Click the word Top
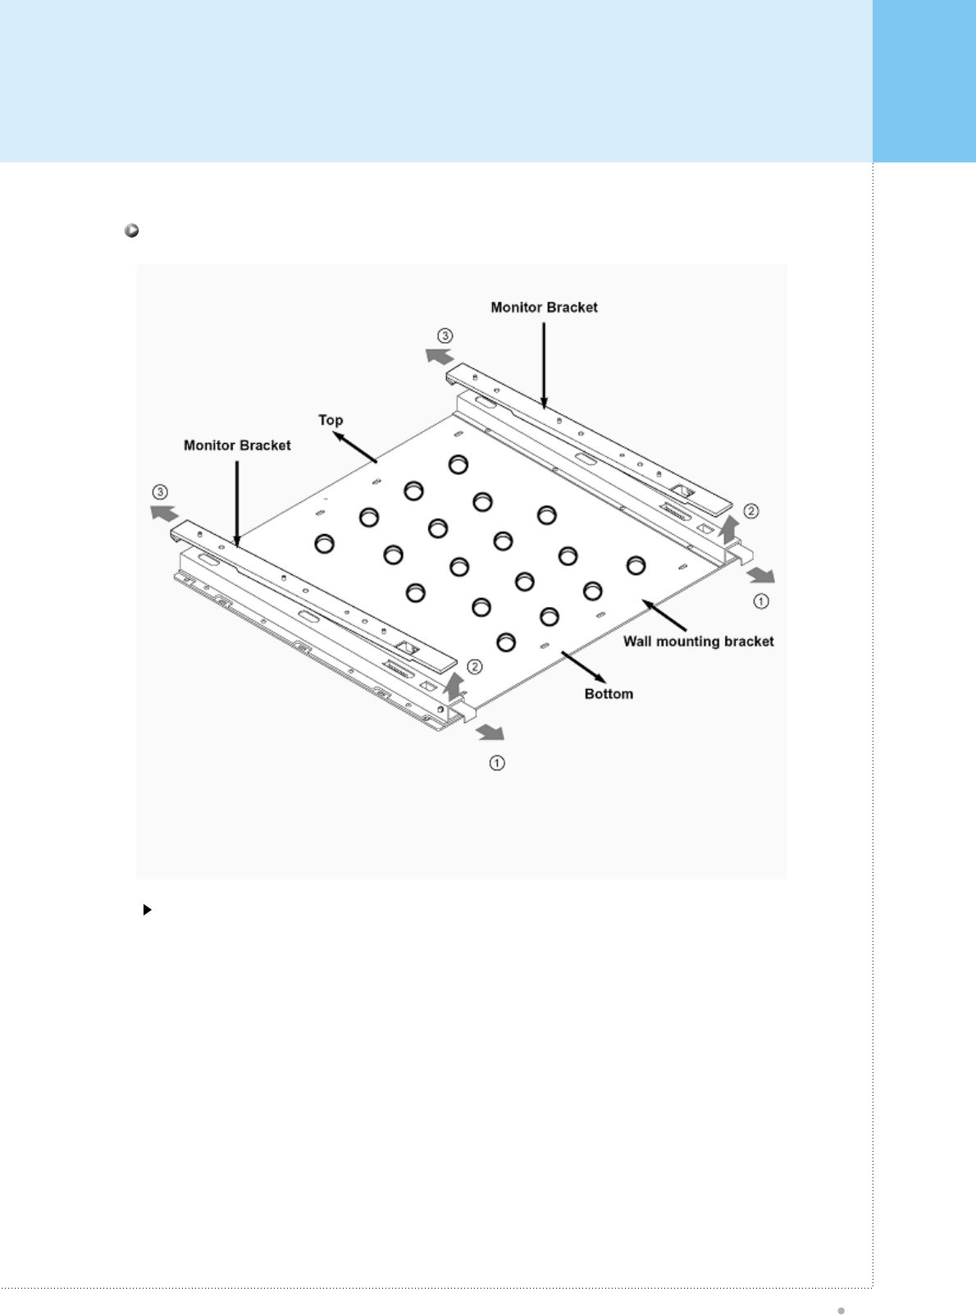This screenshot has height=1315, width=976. (331, 420)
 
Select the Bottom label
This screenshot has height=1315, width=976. (609, 694)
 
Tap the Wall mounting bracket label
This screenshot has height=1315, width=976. (698, 642)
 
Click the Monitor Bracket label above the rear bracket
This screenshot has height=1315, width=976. (544, 308)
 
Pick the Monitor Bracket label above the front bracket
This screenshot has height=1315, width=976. (237, 445)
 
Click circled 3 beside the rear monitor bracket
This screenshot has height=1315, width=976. (445, 336)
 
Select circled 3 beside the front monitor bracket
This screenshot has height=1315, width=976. (161, 492)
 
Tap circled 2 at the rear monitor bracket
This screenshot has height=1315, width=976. (750, 511)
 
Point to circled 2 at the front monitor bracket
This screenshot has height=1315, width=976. (474, 666)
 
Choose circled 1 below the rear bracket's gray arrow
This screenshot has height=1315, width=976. (761, 601)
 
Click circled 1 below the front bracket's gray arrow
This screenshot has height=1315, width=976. (497, 763)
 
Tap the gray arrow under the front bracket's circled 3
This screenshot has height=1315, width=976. (164, 514)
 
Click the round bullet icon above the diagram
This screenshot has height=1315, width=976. (131, 231)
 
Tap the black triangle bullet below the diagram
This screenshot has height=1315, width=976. (148, 910)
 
